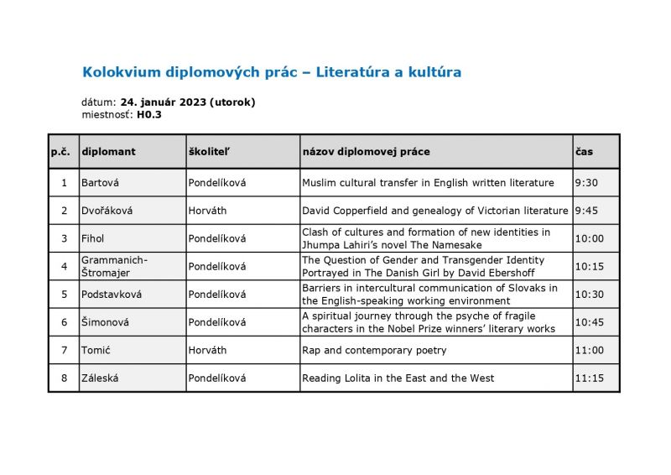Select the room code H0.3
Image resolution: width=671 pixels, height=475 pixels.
tap(149, 114)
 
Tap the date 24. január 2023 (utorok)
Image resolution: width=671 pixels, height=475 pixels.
tap(188, 102)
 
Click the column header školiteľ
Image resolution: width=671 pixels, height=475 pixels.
tap(210, 152)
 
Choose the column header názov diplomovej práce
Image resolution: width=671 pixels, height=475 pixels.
tap(366, 152)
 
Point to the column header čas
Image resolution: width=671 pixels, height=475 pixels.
tap(584, 152)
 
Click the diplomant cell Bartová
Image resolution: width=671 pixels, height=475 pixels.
tap(100, 182)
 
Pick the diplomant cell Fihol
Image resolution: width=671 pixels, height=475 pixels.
tap(93, 238)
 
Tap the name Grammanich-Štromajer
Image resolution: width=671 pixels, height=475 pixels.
tap(115, 266)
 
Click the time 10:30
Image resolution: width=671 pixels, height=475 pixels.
tap(589, 295)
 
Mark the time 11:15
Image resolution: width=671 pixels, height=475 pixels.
tap(589, 378)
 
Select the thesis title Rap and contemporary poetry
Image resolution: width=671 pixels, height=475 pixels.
tap(374, 350)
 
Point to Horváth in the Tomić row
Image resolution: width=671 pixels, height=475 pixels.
tap(207, 350)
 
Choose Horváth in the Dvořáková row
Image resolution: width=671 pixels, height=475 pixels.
tap(207, 211)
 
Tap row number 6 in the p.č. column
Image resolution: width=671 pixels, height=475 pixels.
tap(64, 322)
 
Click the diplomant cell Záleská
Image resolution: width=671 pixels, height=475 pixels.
tap(100, 378)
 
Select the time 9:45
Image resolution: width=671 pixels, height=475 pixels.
tap(586, 211)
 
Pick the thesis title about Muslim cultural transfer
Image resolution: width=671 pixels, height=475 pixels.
tap(428, 182)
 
